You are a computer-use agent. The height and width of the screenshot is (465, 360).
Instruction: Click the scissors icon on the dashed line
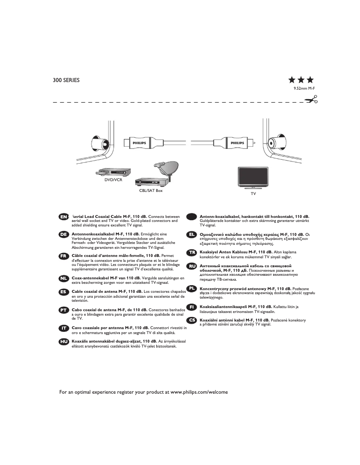(311, 100)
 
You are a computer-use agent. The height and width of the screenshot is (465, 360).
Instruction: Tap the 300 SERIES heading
(66, 81)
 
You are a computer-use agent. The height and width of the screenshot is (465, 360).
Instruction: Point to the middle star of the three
(301, 80)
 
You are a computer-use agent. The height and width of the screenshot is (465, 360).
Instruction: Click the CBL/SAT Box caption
(151, 191)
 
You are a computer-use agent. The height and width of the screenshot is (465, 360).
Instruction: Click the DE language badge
(64, 235)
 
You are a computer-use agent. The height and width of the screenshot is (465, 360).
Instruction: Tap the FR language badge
(64, 256)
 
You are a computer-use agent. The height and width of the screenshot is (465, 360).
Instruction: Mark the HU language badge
(64, 342)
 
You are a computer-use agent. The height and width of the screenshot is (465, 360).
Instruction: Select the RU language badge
(192, 266)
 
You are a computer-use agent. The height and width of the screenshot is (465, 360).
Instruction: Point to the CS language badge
(192, 320)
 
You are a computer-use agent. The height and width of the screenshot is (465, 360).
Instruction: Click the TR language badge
(192, 253)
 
